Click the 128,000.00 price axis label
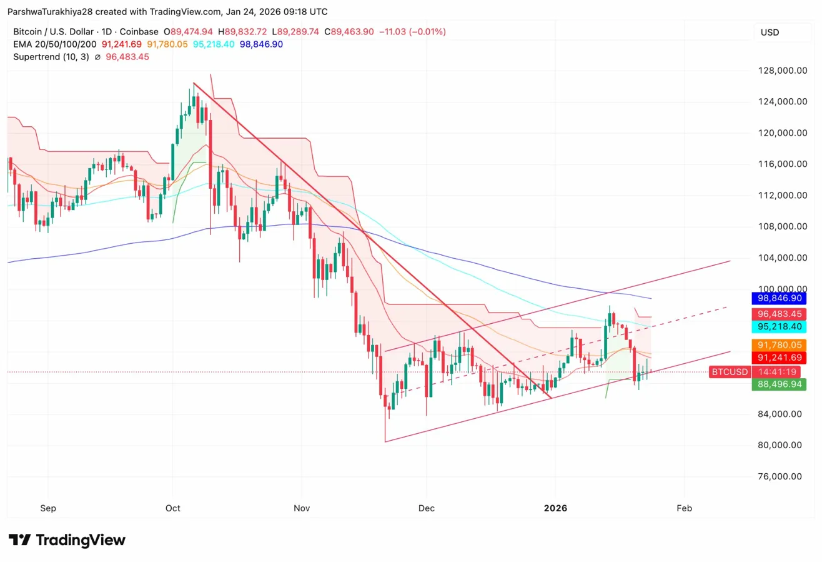(x=780, y=71)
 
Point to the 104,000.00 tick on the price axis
(x=780, y=258)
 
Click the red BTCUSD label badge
(x=730, y=372)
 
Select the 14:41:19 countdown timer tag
(x=778, y=371)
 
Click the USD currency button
(x=770, y=32)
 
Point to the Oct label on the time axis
(x=173, y=508)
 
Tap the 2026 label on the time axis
(x=555, y=508)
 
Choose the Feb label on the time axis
(x=685, y=508)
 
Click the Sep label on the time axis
(x=47, y=508)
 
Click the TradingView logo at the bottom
(x=67, y=540)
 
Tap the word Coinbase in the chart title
(x=142, y=31)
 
